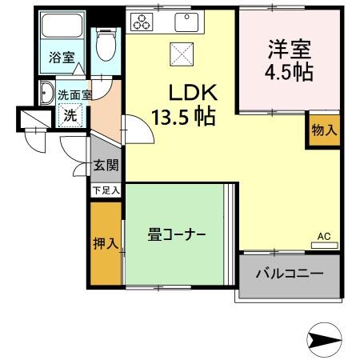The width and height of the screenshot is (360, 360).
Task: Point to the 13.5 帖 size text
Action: [x=183, y=118]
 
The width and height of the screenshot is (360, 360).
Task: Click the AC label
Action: [x=323, y=237]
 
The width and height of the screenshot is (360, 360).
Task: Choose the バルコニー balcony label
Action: [x=289, y=274]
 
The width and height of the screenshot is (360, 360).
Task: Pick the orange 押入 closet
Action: [x=104, y=242]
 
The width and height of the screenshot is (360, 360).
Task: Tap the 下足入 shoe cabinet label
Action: [x=105, y=190]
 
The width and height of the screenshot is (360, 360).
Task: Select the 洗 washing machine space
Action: [x=71, y=114]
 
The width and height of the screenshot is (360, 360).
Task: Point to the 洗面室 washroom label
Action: [x=74, y=94]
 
